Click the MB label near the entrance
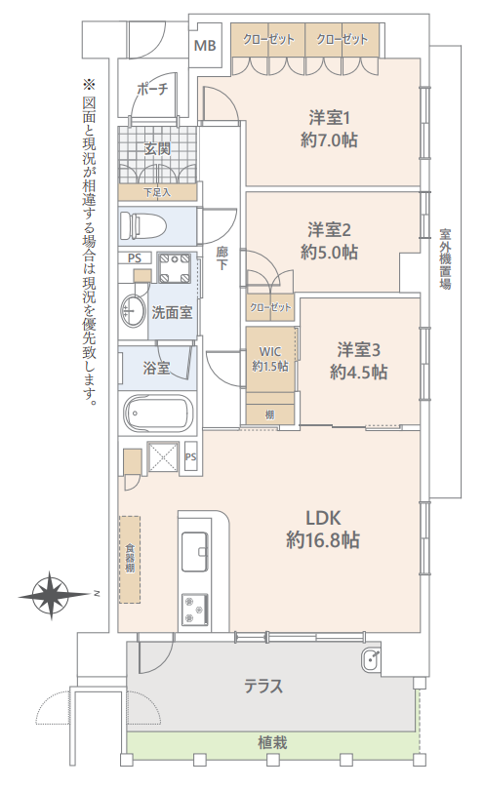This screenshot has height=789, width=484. tap(205, 46)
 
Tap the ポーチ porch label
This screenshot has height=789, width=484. tap(152, 89)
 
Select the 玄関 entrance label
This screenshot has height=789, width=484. tap(157, 149)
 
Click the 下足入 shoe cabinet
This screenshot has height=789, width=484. tap(158, 192)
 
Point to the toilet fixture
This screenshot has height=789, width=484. tap(143, 224)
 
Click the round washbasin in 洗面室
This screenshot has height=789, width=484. tap(132, 310)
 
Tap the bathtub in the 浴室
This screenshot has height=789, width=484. tap(158, 414)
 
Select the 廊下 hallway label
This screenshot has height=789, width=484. tap(222, 257)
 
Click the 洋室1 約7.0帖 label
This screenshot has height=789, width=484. tap(330, 130)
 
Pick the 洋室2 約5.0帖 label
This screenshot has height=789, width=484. tap(330, 241)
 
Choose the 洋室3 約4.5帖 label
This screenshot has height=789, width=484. tap(358, 361)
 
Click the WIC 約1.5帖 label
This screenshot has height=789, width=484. tap(270, 359)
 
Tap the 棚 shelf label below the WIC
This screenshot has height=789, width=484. tap(270, 415)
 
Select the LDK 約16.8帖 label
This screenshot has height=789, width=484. tap(323, 530)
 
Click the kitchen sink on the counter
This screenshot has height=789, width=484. tap(195, 551)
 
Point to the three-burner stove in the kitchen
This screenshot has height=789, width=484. tap(195, 610)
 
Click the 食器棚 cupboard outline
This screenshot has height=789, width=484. tap(130, 560)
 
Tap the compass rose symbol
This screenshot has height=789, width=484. tap(52, 595)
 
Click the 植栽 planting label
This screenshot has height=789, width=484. tap(272, 743)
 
